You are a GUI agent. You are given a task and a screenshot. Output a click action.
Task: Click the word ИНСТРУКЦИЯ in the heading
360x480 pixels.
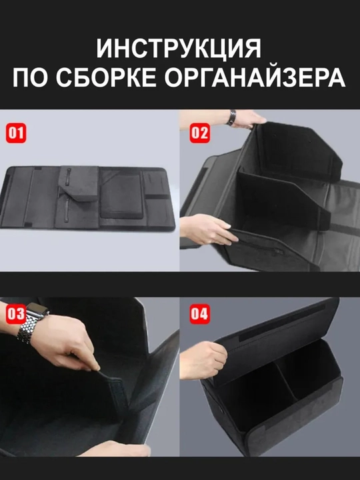[179, 49]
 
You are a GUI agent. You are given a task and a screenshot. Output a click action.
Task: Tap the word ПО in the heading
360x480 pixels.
[30, 78]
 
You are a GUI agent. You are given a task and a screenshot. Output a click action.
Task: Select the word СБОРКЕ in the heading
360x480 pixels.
[106, 78]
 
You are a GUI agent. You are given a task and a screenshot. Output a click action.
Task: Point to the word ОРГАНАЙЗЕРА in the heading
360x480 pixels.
[255, 78]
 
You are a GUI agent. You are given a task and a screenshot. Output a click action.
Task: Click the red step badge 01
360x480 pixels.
[16, 133]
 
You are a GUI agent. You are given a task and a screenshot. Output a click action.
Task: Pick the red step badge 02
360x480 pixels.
[199, 133]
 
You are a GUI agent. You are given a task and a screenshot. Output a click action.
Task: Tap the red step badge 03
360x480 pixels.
[16, 314]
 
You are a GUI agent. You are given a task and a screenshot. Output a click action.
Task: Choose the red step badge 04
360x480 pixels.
[199, 314]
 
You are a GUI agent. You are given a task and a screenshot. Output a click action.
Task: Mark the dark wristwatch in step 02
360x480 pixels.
[231, 118]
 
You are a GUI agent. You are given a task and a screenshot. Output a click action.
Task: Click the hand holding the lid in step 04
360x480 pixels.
[203, 360]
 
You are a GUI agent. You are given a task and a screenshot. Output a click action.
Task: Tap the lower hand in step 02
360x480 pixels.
[207, 229]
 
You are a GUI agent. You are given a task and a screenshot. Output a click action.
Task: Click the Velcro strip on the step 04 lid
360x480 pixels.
[281, 323]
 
